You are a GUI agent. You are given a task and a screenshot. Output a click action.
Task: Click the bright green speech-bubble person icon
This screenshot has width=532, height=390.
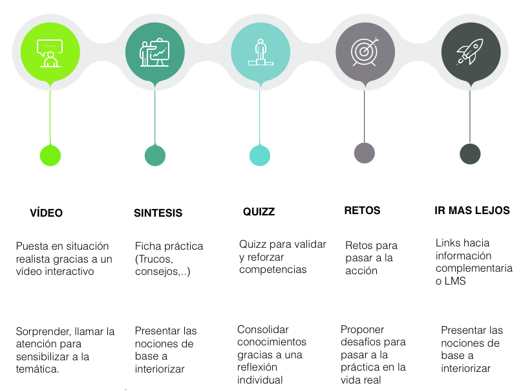(x=50, y=53)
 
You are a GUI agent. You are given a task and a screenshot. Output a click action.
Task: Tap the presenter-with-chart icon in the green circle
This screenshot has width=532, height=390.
(x=154, y=52)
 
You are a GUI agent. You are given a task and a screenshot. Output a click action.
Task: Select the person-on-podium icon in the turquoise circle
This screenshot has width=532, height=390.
(x=261, y=52)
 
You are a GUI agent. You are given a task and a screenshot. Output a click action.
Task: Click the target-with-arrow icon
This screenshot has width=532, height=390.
(x=365, y=52)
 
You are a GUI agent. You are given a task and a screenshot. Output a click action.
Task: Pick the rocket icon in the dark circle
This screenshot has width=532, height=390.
(x=470, y=52)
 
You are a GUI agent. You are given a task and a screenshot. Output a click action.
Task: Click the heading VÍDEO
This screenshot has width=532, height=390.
(x=46, y=213)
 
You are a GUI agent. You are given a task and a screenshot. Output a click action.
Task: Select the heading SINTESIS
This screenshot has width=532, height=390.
(x=158, y=213)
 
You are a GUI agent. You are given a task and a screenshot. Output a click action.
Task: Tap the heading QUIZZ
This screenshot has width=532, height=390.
(x=259, y=211)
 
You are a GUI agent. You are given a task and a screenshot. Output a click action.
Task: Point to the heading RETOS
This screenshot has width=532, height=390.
(x=363, y=210)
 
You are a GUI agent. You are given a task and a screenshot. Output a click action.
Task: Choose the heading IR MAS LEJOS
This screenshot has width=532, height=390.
(x=472, y=210)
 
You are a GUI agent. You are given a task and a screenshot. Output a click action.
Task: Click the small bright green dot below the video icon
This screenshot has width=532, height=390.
(x=50, y=155)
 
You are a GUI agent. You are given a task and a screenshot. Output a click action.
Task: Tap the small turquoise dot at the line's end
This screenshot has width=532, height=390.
(x=260, y=155)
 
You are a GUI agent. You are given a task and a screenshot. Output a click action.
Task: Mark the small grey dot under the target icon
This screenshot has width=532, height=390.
(x=365, y=153)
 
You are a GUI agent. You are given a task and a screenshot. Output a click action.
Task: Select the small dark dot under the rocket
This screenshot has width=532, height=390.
(x=470, y=154)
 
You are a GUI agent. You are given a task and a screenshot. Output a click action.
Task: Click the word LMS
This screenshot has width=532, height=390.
(x=455, y=281)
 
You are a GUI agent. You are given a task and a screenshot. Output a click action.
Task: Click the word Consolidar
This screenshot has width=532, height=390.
(x=263, y=330)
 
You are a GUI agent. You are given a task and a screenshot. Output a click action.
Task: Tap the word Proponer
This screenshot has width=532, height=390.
(x=363, y=330)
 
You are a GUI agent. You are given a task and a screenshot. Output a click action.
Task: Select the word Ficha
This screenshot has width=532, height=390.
(x=147, y=246)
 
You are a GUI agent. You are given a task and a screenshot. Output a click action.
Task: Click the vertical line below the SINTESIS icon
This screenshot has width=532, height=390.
(x=155, y=117)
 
